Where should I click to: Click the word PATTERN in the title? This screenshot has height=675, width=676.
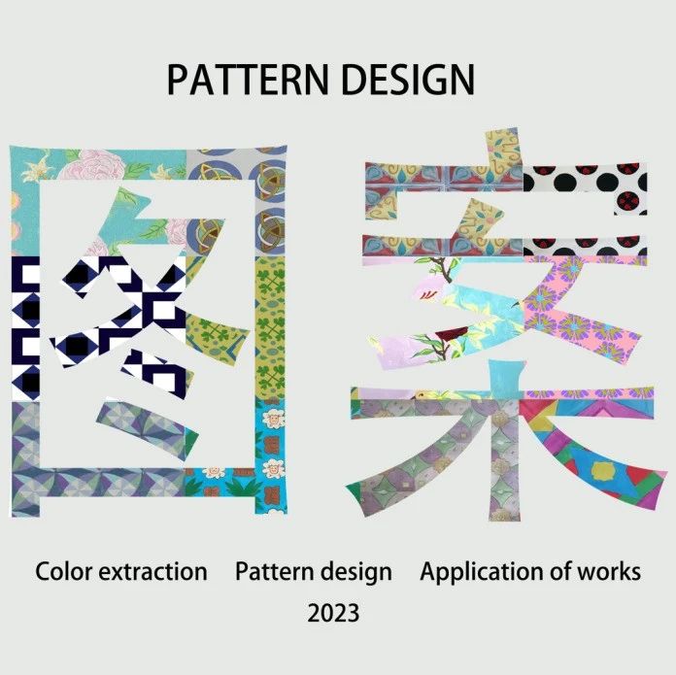[247, 80]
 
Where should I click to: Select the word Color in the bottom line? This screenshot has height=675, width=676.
[63, 571]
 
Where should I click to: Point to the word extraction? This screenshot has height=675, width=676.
[153, 572]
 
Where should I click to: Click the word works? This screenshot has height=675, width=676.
[609, 571]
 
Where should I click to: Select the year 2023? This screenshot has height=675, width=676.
[333, 613]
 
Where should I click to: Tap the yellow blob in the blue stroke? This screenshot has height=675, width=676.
[603, 471]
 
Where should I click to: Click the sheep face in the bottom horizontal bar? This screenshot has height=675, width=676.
[214, 472]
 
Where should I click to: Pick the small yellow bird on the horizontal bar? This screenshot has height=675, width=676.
[422, 394]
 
